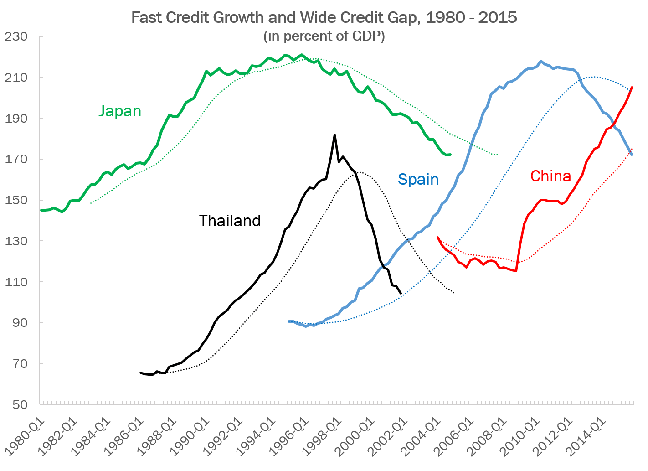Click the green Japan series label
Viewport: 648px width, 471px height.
[120, 111]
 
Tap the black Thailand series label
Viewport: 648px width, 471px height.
[230, 221]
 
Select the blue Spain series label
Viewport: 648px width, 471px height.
[418, 179]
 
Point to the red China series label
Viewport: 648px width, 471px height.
[550, 176]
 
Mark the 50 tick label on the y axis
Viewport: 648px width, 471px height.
[18, 404]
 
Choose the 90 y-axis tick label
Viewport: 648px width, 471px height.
[18, 323]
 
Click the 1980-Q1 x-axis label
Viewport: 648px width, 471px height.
[23, 438]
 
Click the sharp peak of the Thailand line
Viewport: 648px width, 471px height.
[334, 135]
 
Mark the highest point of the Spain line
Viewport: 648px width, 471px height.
[541, 61]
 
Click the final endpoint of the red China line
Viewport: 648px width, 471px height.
[633, 87]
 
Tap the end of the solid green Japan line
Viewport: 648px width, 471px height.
[450, 155]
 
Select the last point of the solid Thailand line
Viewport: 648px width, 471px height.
[401, 293]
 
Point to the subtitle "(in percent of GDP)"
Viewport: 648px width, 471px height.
[324, 36]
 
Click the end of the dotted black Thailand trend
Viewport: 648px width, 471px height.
[454, 293]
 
